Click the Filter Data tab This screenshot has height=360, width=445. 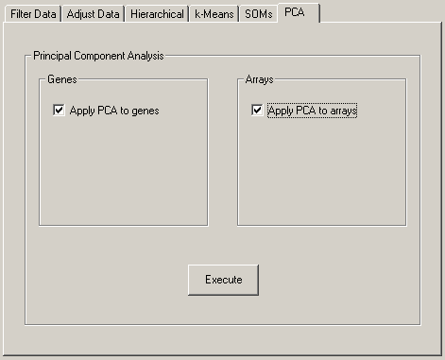(33, 14)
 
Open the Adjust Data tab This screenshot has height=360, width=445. (94, 14)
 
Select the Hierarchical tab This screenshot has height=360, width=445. (157, 14)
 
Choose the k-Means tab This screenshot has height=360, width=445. (214, 14)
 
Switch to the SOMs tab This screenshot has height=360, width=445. (257, 14)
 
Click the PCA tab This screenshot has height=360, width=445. (297, 12)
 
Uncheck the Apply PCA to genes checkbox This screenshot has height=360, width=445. (59, 111)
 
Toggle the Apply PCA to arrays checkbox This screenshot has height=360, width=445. (257, 111)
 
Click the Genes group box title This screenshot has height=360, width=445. (61, 79)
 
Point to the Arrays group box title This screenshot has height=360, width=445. (259, 79)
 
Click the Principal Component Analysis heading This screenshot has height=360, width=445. (98, 56)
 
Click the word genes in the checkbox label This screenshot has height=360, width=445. (145, 111)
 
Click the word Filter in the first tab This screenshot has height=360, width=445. (22, 14)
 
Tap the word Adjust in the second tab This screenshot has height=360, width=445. (81, 14)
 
